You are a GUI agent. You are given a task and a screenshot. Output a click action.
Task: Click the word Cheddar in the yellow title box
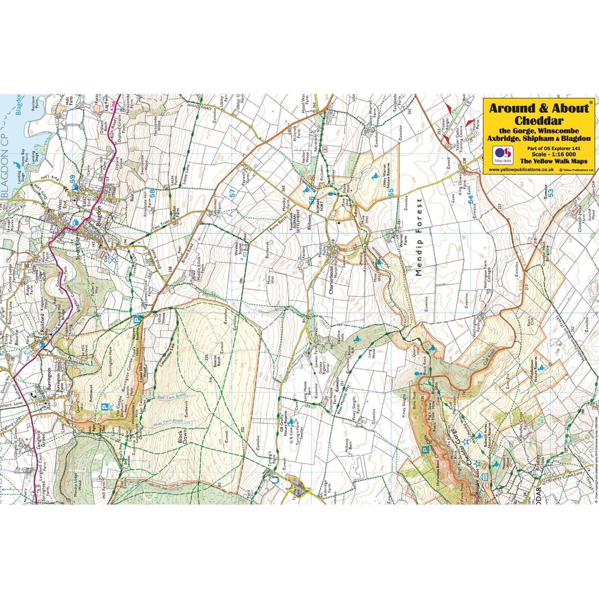tap(539, 121)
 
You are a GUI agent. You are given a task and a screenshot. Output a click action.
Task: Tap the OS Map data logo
tap(503, 154)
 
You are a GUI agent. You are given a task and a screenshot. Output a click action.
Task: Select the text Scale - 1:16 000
tap(553, 154)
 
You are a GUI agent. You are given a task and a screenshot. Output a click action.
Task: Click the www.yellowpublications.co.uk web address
tap(521, 170)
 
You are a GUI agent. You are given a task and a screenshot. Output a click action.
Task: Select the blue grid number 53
tap(550, 193)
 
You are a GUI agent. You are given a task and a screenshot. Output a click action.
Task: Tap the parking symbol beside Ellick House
tap(137, 320)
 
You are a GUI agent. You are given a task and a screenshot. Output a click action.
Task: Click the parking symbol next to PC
tap(105, 406)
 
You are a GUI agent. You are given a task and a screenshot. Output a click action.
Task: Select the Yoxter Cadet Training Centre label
tap(459, 140)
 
